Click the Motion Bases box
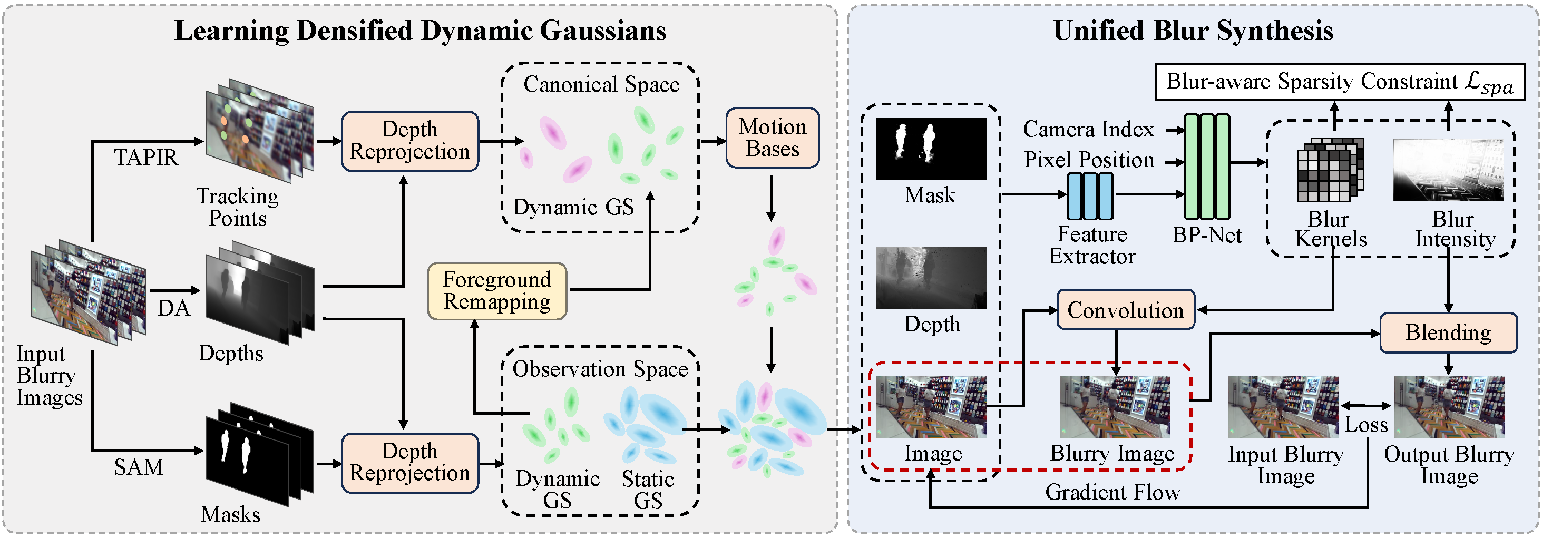tap(772, 138)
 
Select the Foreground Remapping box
tap(497, 291)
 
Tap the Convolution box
tap(1125, 310)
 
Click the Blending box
tap(1448, 332)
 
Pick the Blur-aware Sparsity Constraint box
tap(1339, 82)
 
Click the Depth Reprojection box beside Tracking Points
tap(410, 141)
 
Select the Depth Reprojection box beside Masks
tap(410, 462)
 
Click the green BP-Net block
tap(1207, 167)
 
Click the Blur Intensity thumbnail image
tap(1448, 170)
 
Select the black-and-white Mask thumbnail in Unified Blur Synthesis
tap(931, 148)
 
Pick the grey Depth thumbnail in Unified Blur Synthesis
tap(931, 278)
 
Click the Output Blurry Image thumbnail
tap(1449, 406)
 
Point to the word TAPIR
tap(145, 158)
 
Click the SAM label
tap(139, 467)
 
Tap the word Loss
tap(1366, 424)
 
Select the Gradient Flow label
tap(1112, 492)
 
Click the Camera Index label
tap(1088, 129)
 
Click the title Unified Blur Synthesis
tap(1193, 31)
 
